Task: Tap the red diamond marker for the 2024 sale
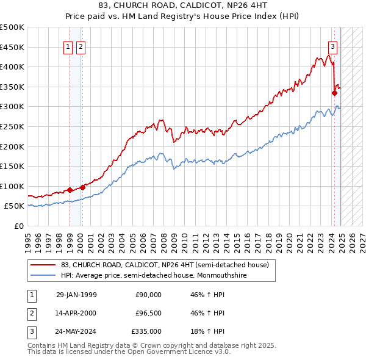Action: tap(334, 93)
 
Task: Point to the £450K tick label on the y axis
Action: tap(12, 47)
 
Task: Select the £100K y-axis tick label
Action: tap(12, 186)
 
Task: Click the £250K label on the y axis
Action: tap(12, 126)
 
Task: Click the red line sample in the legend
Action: tap(43, 265)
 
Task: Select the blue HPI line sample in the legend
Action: tap(43, 276)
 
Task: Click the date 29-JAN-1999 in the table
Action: tap(76, 295)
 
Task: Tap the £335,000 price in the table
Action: tap(146, 331)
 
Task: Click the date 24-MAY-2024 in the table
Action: tap(76, 331)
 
